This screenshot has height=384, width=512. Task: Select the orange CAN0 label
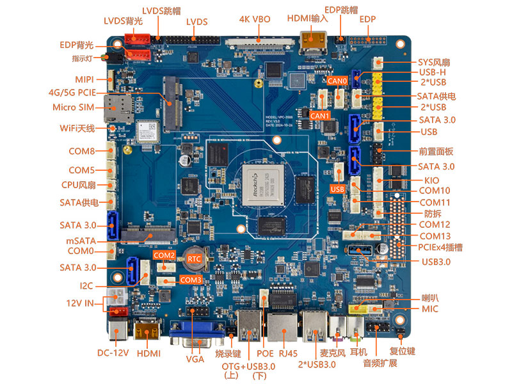click(x=337, y=81)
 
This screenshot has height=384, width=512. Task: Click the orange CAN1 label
click(x=319, y=116)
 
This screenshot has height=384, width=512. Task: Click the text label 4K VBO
click(x=255, y=19)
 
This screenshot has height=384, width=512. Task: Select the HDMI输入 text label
click(x=307, y=18)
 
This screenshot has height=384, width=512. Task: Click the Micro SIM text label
click(x=73, y=107)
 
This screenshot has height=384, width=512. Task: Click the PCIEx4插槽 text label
click(x=440, y=247)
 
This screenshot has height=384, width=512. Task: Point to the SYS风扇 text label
click(x=434, y=62)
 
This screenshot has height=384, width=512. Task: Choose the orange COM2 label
click(x=164, y=255)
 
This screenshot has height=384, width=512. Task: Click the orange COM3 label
click(x=191, y=280)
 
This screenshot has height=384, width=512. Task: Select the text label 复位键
click(x=403, y=351)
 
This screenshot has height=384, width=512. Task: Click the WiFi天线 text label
click(x=77, y=129)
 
